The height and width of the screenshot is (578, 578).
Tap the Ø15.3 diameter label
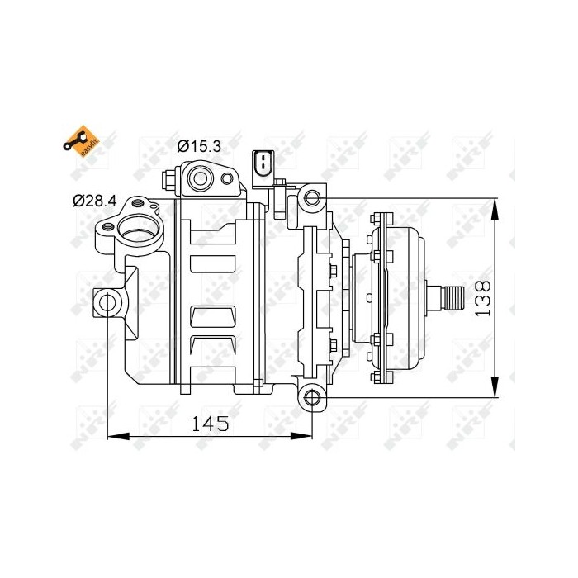[x=199, y=146]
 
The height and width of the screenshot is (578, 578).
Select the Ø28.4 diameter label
[x=94, y=200]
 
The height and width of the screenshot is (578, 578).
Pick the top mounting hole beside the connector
[x=311, y=197]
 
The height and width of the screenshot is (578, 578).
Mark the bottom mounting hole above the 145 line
[x=312, y=399]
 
